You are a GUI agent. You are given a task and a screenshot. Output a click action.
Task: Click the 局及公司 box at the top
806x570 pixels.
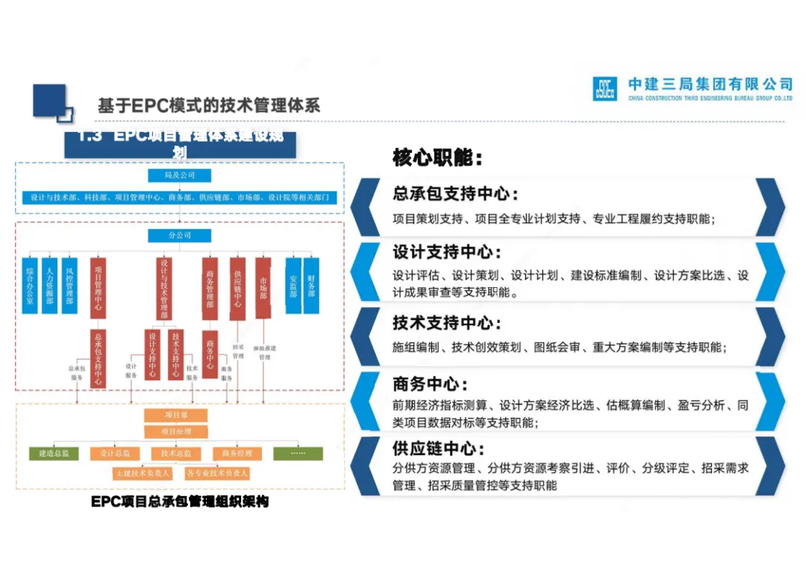[x=179, y=175]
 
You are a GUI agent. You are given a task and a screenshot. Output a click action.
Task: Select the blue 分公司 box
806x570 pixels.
[x=179, y=236]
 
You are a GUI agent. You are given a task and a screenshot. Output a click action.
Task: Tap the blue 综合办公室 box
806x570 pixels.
[x=30, y=285]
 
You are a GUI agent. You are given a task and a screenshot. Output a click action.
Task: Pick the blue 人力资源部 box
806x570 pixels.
[x=50, y=285]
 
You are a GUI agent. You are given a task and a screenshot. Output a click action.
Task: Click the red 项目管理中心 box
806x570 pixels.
[x=98, y=288]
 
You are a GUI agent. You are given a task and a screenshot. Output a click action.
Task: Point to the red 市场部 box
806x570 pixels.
[x=263, y=288]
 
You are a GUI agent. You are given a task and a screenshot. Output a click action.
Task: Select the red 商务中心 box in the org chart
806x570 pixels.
[x=210, y=354]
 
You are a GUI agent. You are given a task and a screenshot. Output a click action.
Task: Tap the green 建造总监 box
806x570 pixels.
[x=54, y=453]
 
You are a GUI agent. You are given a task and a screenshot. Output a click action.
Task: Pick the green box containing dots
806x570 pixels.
[x=298, y=453]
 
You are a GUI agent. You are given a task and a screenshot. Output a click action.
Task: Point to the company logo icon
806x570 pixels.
[x=604, y=88]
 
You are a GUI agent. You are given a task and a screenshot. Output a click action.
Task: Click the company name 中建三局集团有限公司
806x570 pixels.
[x=710, y=84]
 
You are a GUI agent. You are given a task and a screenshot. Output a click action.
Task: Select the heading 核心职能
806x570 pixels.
[x=437, y=157]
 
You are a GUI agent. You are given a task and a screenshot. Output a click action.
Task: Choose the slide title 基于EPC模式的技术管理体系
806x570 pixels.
[x=209, y=105]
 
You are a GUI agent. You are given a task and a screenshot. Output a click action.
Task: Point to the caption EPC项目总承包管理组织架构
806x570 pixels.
[x=180, y=502]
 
